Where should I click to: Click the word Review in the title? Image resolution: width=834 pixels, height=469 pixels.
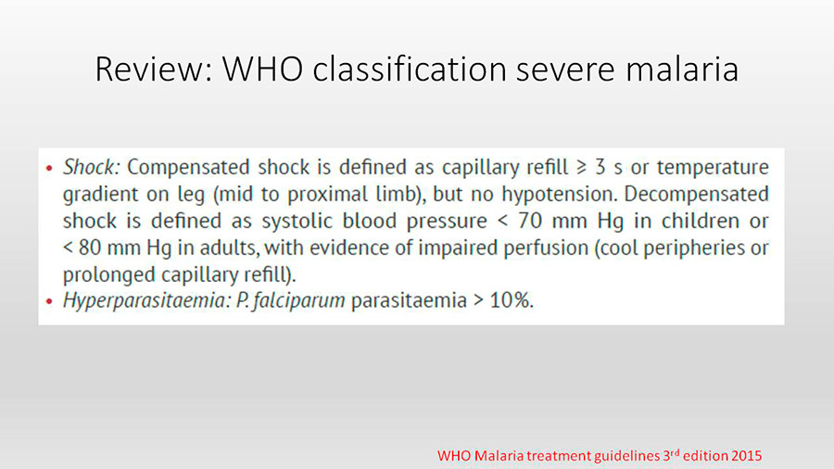[x=153, y=70]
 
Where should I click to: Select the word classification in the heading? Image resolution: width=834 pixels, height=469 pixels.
[x=409, y=70]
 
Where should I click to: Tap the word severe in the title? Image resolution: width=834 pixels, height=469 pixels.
[x=565, y=70]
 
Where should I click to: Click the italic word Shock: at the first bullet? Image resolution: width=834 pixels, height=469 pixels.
[x=92, y=167]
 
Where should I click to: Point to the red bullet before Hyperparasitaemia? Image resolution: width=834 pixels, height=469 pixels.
[x=49, y=301]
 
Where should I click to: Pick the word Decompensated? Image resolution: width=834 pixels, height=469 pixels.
[x=696, y=194]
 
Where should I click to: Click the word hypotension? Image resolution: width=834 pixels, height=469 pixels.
[x=560, y=194]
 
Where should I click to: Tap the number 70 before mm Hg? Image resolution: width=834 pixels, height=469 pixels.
[x=530, y=221]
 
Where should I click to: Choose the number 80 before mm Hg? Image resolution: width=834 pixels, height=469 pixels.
[x=91, y=247]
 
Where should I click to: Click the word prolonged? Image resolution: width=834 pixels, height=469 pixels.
[x=109, y=274]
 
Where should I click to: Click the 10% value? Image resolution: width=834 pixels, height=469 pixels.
[x=512, y=300]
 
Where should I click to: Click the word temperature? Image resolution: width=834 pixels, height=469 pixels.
[x=713, y=168]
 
